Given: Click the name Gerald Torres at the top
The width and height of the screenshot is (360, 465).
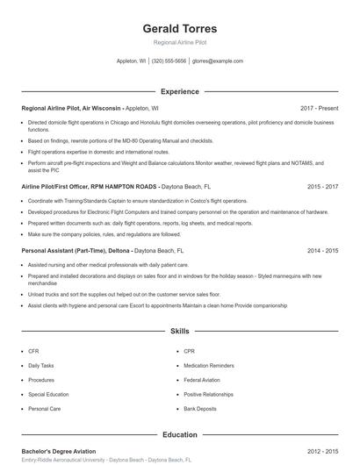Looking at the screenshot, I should click(x=179, y=29).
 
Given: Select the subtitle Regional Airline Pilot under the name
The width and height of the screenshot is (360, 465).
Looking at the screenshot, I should click(x=179, y=42).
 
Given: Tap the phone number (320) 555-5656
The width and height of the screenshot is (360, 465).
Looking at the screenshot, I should click(x=169, y=61).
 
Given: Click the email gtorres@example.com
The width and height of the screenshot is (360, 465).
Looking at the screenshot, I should click(x=217, y=61).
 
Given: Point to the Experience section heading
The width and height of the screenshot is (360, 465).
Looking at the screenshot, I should click(x=179, y=91).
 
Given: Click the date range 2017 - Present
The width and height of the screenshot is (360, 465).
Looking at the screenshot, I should click(x=319, y=108).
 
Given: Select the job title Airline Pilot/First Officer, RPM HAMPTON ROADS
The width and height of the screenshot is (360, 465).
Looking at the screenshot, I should click(x=89, y=187).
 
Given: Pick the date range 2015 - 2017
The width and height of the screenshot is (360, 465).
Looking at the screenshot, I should click(x=323, y=187).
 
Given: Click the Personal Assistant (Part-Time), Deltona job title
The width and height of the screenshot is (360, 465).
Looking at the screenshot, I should click(x=76, y=250).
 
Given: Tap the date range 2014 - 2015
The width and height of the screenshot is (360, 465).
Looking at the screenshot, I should click(x=323, y=250).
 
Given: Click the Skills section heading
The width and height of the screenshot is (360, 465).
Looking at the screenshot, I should click(x=179, y=332).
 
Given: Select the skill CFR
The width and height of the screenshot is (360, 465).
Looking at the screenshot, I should click(x=33, y=351).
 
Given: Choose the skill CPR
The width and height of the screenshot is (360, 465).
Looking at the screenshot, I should click(x=189, y=351).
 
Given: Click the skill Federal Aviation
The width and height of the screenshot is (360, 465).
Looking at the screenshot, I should click(x=201, y=380).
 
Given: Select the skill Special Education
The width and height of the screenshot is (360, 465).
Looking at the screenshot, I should click(x=47, y=394).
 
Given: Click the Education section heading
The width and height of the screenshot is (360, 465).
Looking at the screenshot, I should click(x=179, y=434).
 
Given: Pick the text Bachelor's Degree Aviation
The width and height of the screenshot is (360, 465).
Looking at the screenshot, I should click(x=58, y=451).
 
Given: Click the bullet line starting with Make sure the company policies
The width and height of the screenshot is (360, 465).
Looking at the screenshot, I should click(x=104, y=234).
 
